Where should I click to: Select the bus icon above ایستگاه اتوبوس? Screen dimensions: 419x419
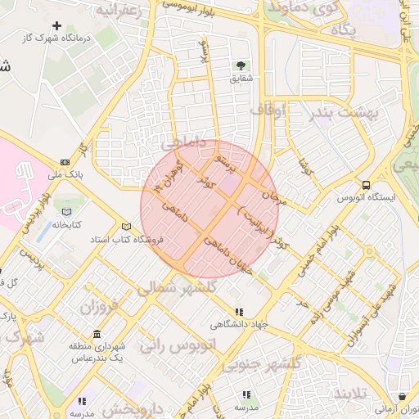pos(366,185)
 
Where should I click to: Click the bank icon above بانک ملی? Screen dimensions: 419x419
pos(65,162)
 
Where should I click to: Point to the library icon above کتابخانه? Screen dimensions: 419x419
pos(65,212)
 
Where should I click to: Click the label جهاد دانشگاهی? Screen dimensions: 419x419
pos(238,324)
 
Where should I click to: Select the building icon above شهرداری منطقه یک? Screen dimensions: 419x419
pos(97,335)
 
